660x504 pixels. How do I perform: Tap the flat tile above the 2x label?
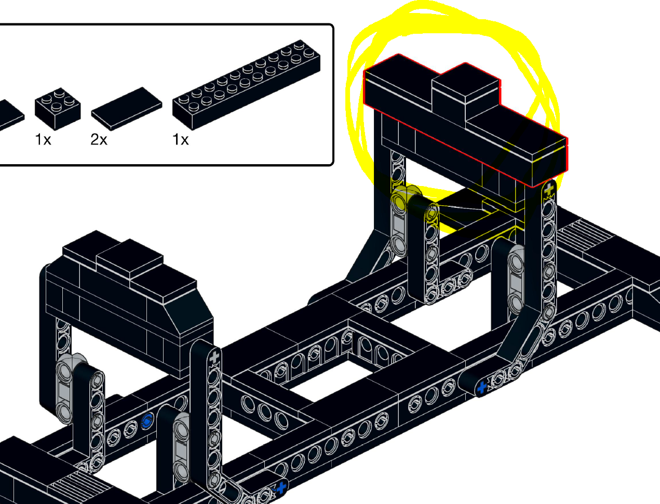[x=127, y=108]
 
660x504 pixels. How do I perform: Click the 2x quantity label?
[x=99, y=139]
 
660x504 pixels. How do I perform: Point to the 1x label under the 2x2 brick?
[x=43, y=139]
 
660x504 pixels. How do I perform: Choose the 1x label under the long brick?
[x=181, y=139]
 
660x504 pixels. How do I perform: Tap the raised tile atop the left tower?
[x=130, y=260]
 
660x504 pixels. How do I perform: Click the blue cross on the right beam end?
[x=482, y=387]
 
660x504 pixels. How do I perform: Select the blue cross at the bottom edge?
[x=281, y=488]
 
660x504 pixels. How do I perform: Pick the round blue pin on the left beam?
[x=147, y=421]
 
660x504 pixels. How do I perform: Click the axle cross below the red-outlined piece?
[x=549, y=191]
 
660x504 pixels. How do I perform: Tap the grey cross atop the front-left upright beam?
[x=214, y=356]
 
